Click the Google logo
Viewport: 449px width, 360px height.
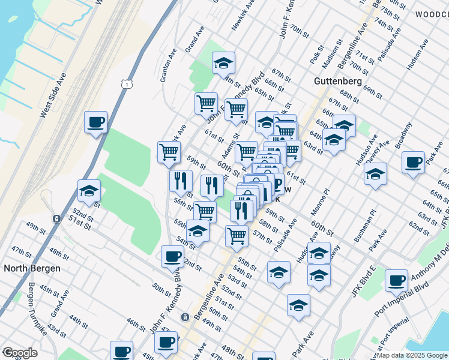20,353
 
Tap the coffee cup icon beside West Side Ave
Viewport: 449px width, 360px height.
95,123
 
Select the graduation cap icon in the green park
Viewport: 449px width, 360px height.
223,62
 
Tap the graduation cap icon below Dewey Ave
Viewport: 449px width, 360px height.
375,174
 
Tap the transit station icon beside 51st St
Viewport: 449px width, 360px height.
56,219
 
